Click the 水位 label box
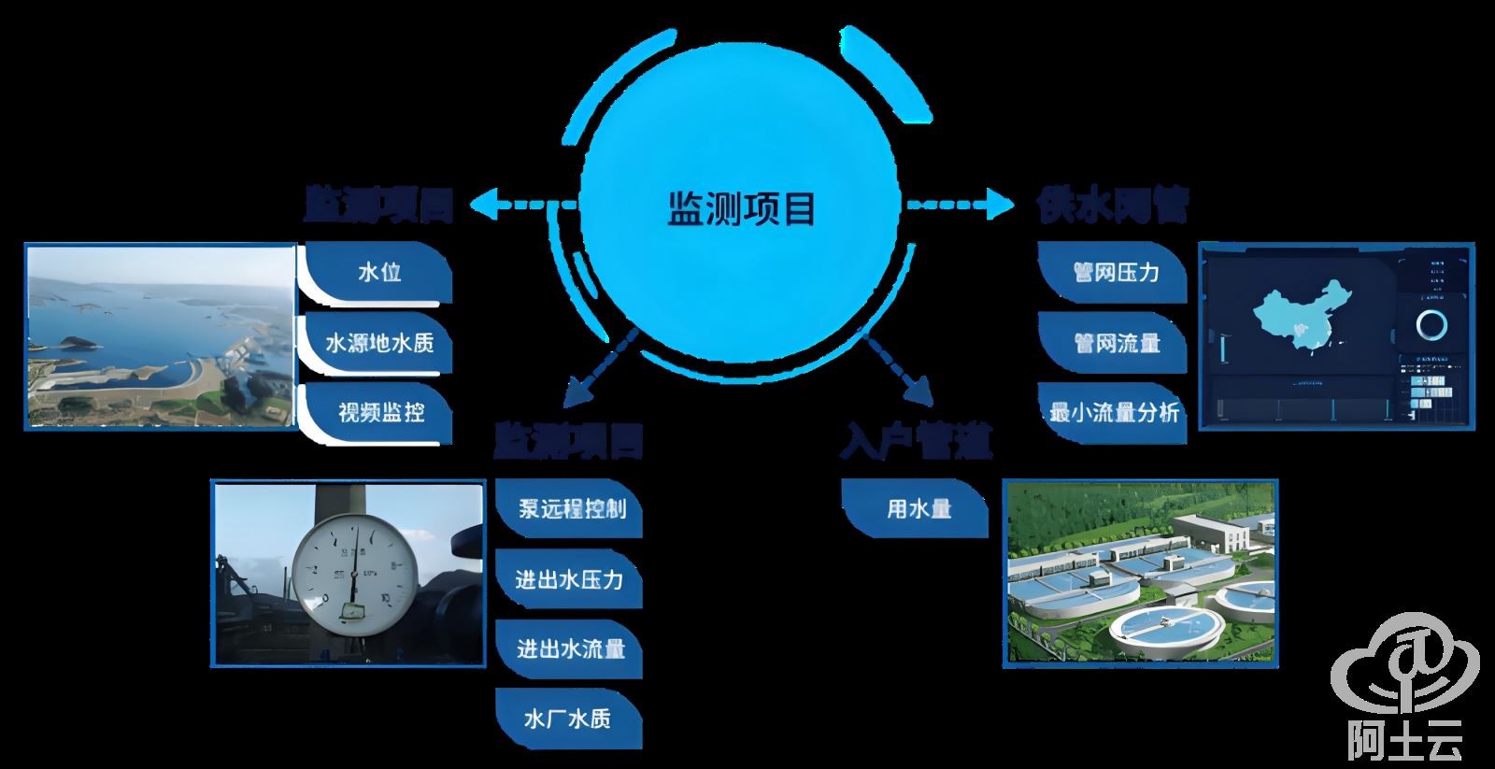click(377, 272)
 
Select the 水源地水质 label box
click(377, 342)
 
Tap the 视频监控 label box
click(377, 411)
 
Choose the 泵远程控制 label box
click(570, 508)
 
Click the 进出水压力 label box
click(570, 579)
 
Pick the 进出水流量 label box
click(570, 648)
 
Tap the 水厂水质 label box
click(570, 718)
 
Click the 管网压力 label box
click(1114, 272)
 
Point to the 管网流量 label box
click(1114, 342)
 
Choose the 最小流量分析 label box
click(1114, 411)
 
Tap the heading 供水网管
click(1112, 206)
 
